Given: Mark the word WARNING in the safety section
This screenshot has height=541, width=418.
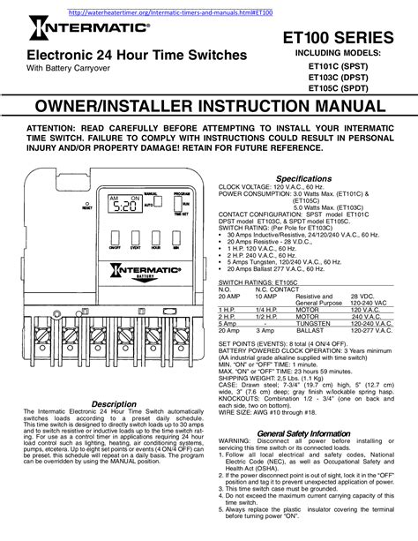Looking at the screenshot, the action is click(237, 442).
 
